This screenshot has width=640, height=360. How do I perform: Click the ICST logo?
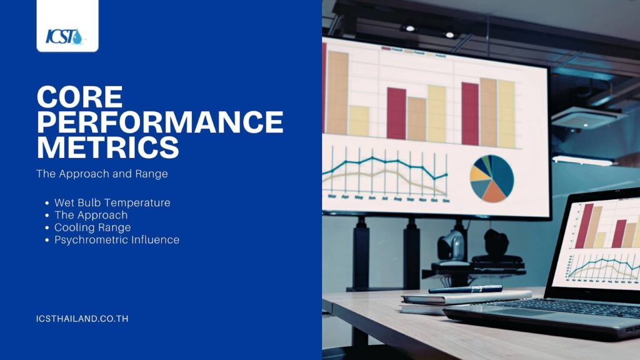coord(64,36)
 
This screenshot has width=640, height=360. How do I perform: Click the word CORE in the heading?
coord(79,97)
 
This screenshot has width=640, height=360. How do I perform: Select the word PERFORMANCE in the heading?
coord(160,122)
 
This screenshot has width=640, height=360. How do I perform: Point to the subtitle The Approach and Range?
coord(102,174)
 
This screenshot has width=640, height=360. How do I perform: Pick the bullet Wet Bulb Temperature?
coord(112,202)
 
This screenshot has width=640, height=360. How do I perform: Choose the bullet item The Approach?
coord(91,215)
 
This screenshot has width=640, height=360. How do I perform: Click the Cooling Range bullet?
coord(92,227)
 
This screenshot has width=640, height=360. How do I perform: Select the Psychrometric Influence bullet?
coord(117,239)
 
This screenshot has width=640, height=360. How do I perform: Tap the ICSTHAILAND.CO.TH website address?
coord(82,319)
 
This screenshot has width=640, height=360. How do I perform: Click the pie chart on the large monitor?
coord(492,178)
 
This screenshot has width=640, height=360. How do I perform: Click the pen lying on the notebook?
coord(465,289)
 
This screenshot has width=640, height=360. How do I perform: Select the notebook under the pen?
coord(465,301)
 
